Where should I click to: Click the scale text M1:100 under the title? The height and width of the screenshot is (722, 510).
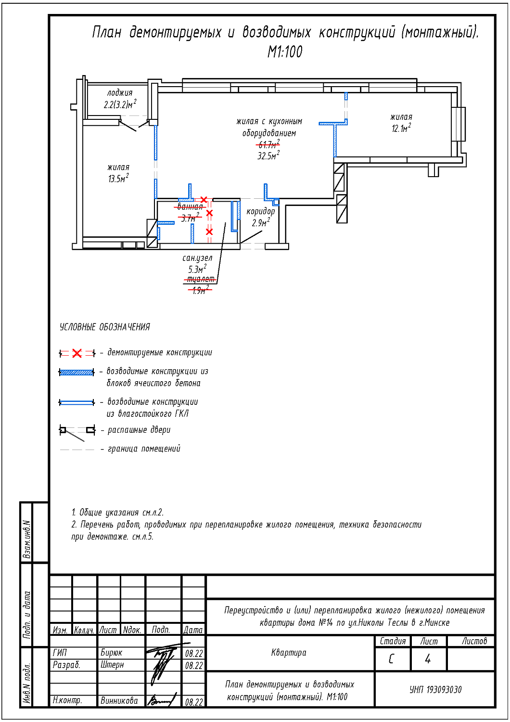(x=285, y=52)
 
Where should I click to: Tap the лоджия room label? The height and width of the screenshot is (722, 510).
(x=120, y=93)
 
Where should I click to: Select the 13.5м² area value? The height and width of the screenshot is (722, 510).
(x=118, y=179)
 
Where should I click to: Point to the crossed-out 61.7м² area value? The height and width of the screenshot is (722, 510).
(x=268, y=144)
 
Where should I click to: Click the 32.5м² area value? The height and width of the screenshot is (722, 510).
(x=268, y=156)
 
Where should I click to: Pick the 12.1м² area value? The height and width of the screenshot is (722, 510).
(x=401, y=129)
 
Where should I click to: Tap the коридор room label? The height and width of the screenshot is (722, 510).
(x=261, y=211)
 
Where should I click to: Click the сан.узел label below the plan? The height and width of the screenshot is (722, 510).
(x=197, y=258)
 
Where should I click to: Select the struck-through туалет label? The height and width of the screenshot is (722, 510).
(x=201, y=279)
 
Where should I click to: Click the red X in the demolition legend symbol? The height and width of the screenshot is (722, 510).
(x=77, y=353)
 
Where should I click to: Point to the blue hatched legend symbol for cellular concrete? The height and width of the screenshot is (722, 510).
(x=76, y=372)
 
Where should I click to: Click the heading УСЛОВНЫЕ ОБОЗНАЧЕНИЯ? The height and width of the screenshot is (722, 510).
(x=105, y=327)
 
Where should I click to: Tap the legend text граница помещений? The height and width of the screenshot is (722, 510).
(x=144, y=449)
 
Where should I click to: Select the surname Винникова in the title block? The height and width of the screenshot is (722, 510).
(x=119, y=701)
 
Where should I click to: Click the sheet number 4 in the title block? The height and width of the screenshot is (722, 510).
(x=428, y=659)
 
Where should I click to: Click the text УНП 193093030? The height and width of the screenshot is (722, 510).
(x=435, y=690)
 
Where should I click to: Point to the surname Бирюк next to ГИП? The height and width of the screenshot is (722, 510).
(x=111, y=653)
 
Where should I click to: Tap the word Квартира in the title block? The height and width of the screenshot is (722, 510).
(x=289, y=653)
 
